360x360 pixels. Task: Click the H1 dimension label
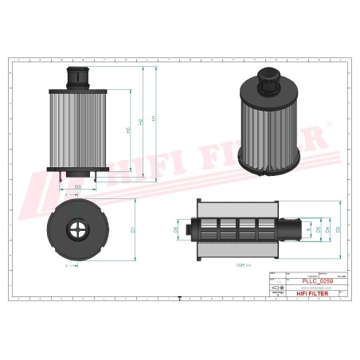[154, 119]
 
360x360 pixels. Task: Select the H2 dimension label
[141, 123]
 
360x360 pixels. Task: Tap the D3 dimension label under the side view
[77, 186]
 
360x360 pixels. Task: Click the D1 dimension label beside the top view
[131, 230]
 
